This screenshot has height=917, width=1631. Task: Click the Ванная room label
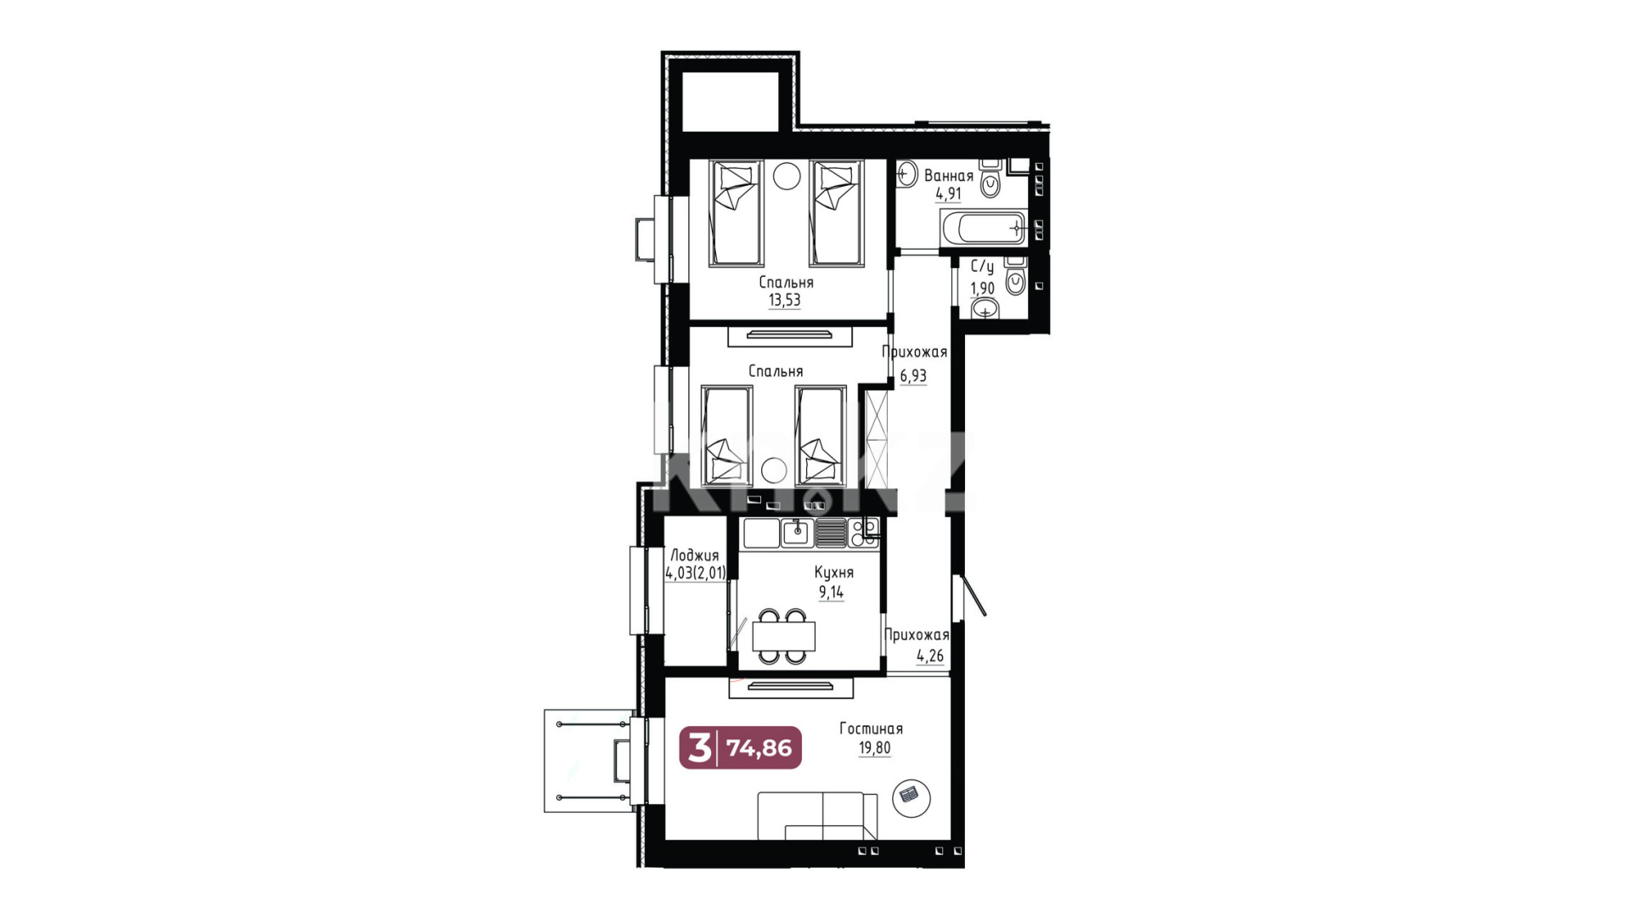[948, 176]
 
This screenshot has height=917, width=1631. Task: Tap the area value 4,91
[948, 194]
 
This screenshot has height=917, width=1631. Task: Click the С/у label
[982, 267]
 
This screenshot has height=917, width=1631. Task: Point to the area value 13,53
[784, 300]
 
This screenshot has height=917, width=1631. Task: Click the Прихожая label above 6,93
[914, 352]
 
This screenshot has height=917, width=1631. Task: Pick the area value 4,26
[930, 655]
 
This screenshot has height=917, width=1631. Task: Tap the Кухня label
[833, 572]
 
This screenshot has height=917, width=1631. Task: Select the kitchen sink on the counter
[798, 532]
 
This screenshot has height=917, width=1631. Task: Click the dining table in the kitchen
[783, 636]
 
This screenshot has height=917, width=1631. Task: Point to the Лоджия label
[694, 555]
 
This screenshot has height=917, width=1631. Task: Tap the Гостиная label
[871, 729]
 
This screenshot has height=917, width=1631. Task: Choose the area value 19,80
[874, 748]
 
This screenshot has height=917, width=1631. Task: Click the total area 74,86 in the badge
[759, 748]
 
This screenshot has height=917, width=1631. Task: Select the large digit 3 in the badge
[699, 748]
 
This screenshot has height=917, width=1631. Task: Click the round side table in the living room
[911, 797]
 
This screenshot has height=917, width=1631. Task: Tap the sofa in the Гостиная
[817, 816]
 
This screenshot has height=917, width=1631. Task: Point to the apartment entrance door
[968, 595]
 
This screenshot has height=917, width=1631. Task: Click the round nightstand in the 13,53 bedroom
[787, 176]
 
